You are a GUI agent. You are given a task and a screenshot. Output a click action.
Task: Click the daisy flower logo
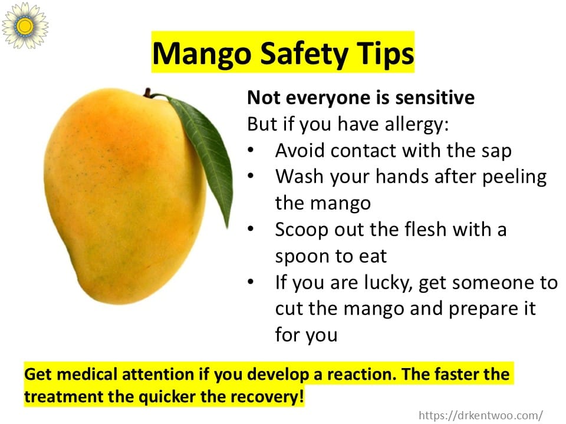coord(25,25)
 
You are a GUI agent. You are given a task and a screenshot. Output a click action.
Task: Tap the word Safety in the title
coord(304,54)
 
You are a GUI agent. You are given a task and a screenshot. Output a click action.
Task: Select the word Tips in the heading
coord(385,54)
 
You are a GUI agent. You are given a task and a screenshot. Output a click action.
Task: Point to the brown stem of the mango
coord(147,92)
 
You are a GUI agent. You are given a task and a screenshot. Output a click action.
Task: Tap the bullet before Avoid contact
coord(251,150)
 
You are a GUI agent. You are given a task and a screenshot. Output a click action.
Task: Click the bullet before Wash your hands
coord(251,176)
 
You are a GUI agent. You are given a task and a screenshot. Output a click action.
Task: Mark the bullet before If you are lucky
coord(251,281)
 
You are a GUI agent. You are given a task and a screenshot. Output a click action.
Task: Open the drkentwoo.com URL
coord(481,415)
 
